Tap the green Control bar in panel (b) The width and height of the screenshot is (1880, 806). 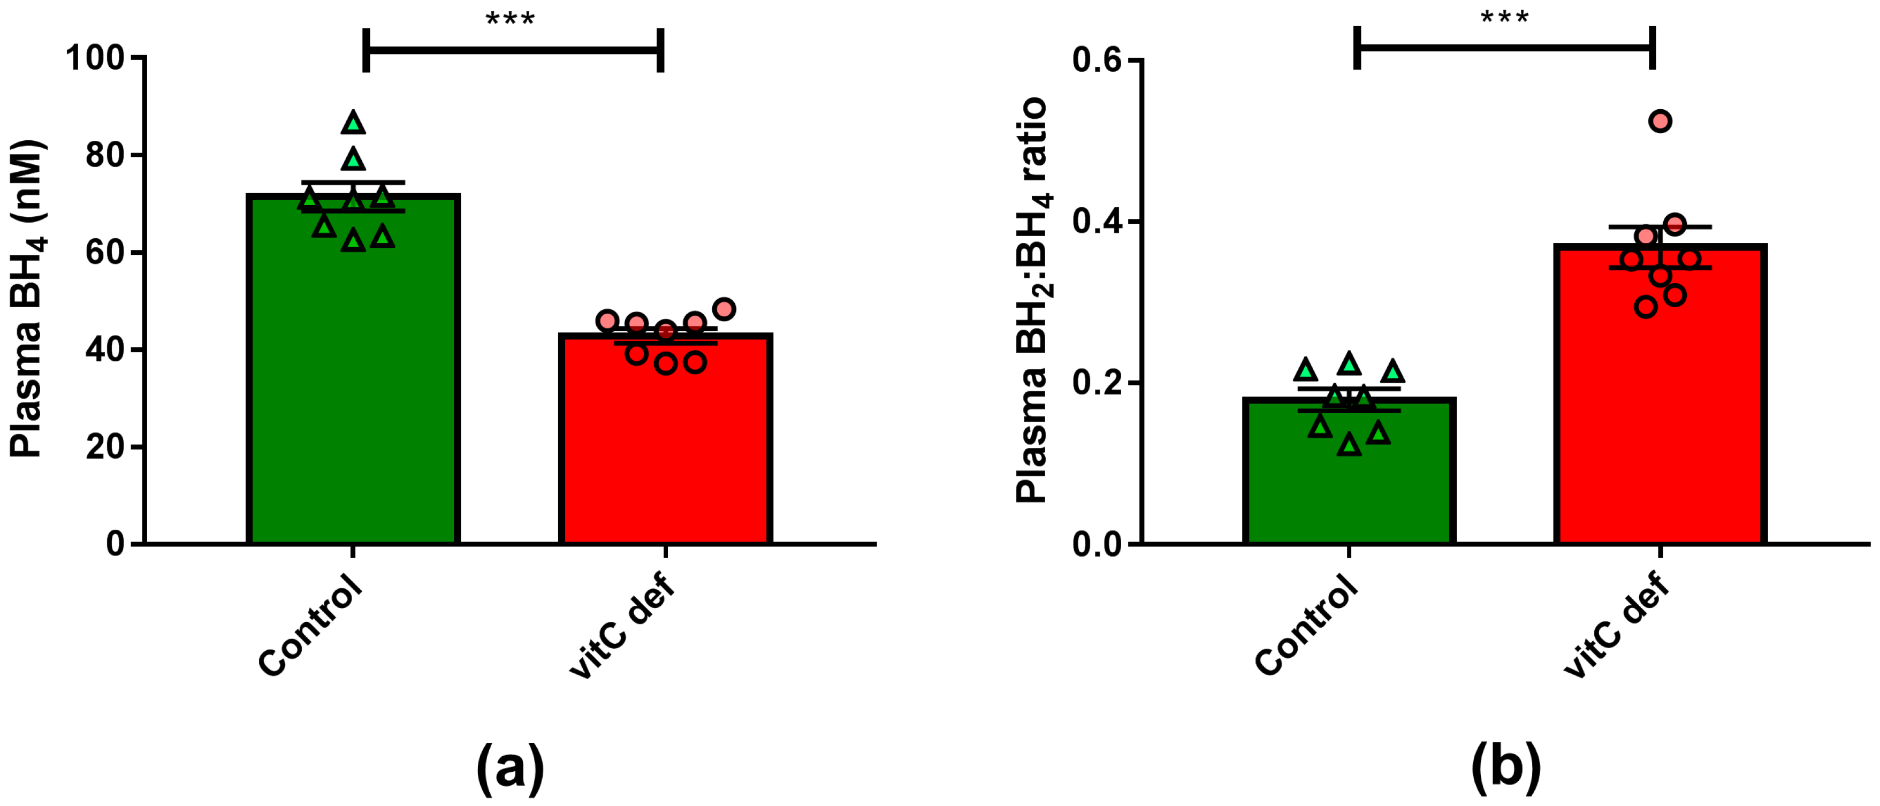1349,482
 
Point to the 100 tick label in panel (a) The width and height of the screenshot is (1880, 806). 95,58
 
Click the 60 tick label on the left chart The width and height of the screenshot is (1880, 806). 105,253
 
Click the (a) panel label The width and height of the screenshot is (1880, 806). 509,769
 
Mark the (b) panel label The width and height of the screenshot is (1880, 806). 1505,769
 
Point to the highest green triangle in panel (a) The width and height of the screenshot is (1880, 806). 353,123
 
